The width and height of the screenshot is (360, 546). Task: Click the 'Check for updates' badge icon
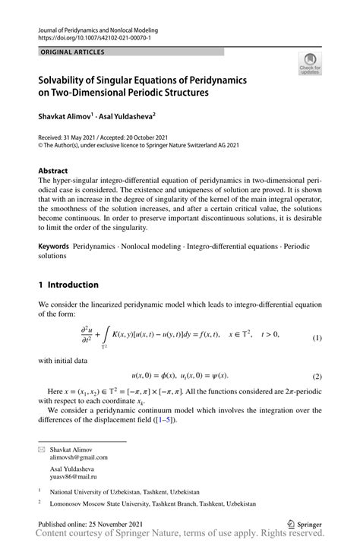tap(311, 64)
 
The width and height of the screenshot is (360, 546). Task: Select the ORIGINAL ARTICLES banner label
tap(73, 52)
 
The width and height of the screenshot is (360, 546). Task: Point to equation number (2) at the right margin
tap(317, 376)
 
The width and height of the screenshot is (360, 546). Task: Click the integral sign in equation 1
tap(104, 334)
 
